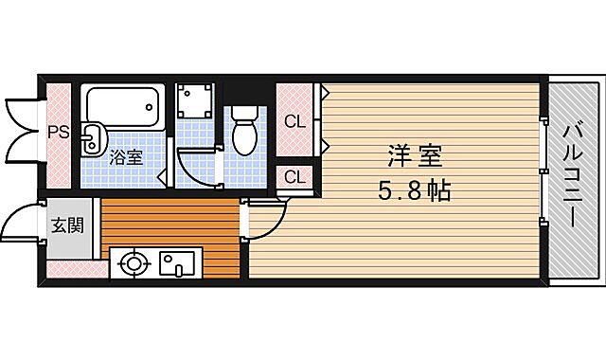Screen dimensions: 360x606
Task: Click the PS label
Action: click(x=58, y=133)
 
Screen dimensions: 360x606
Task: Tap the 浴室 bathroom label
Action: click(x=126, y=156)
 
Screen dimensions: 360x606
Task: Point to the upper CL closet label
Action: click(x=295, y=120)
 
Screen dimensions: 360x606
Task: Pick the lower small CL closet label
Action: click(x=295, y=177)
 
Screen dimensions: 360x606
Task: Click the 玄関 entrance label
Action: click(x=65, y=225)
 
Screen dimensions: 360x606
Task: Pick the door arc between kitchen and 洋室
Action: click(x=266, y=222)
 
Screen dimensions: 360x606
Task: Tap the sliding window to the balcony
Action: click(x=544, y=171)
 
